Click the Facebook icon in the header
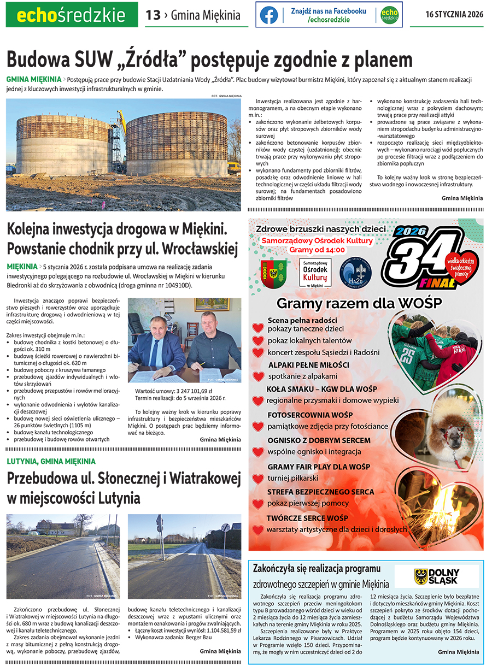point(268,15)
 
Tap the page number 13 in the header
point(153,15)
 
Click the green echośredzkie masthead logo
point(71,15)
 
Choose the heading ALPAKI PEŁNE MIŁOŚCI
point(308,364)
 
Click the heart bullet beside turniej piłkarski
point(258,479)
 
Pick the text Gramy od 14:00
point(317,250)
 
